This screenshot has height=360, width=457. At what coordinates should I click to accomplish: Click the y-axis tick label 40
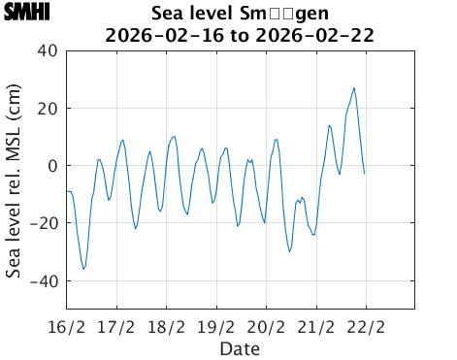[47, 50]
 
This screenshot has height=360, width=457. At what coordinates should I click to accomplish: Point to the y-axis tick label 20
[47, 108]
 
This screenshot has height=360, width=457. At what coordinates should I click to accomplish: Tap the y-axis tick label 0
[52, 166]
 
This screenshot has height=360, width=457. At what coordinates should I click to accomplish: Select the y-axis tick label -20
[43, 223]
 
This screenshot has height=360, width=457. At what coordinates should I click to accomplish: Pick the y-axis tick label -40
[43, 281]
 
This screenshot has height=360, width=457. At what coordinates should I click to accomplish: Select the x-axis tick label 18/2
[167, 326]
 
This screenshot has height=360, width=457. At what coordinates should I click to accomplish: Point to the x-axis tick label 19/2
[216, 326]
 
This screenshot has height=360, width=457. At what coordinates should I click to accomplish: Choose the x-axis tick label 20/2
[267, 326]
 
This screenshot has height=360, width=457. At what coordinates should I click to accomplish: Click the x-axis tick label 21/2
[317, 326]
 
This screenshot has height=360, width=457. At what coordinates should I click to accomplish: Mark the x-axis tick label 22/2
[367, 326]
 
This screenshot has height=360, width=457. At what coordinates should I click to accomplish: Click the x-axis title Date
[239, 347]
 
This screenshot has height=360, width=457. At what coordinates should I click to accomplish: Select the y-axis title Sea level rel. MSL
[14, 180]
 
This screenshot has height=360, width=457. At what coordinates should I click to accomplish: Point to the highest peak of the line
[354, 88]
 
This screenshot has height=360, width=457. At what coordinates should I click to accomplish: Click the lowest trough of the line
[83, 269]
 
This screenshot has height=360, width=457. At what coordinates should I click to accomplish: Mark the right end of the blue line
[364, 174]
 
